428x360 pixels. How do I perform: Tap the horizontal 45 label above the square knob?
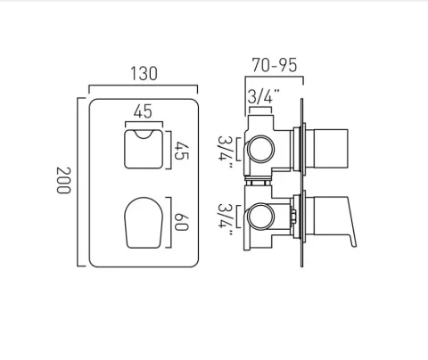140,113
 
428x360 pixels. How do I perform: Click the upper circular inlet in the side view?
260,148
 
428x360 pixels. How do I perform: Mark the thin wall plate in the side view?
307,178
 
